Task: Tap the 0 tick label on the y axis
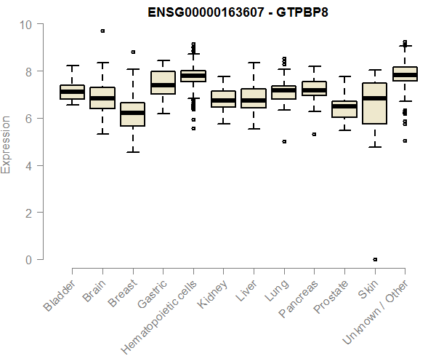click(x=29, y=259)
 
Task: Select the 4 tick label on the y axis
click(x=29, y=165)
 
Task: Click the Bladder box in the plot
click(x=72, y=92)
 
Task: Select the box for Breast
click(x=132, y=114)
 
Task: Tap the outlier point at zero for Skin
click(x=374, y=259)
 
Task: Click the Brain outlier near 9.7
click(x=102, y=31)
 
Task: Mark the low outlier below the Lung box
click(x=284, y=141)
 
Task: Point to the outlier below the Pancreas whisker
click(x=314, y=134)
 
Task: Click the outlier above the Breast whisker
click(x=132, y=52)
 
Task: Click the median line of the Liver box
click(x=254, y=100)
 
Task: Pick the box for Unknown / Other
click(x=404, y=74)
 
